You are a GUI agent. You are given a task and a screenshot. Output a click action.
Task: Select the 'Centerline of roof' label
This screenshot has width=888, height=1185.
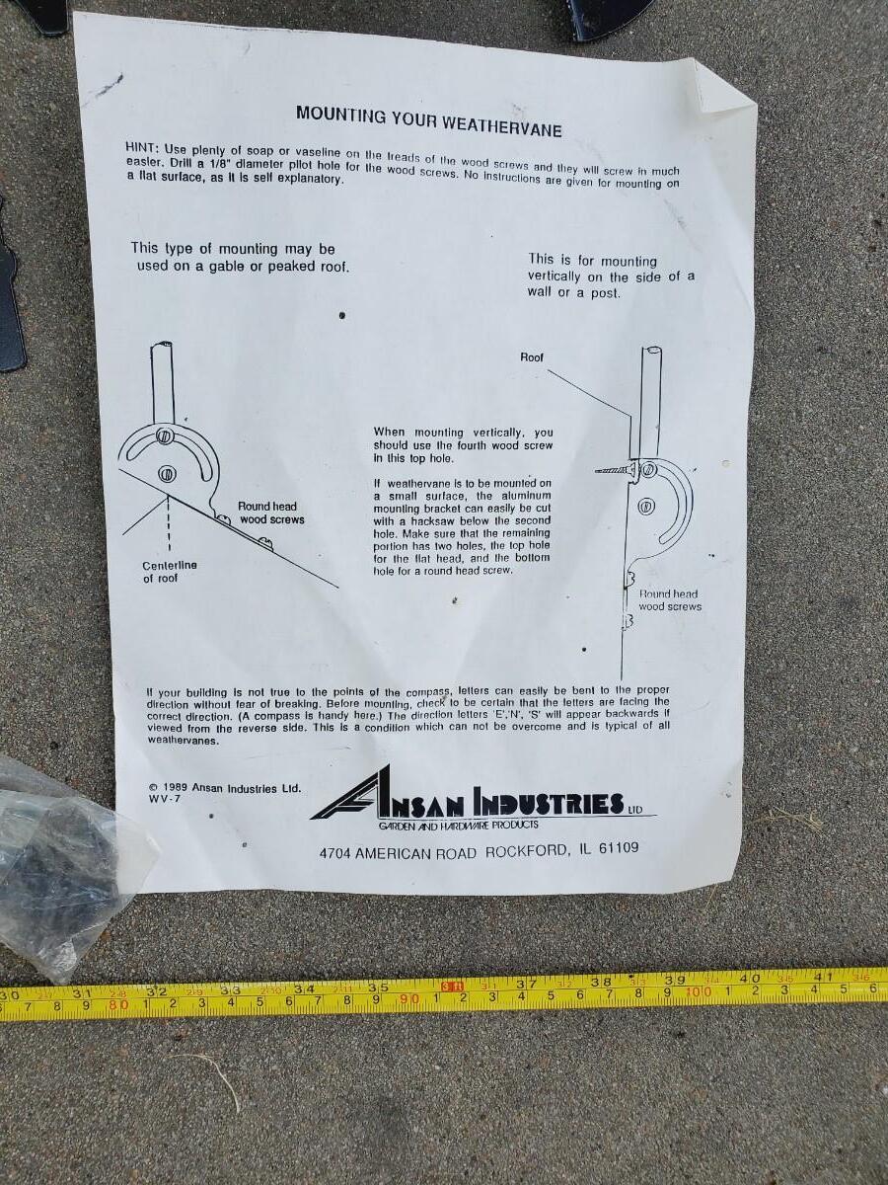click(170, 572)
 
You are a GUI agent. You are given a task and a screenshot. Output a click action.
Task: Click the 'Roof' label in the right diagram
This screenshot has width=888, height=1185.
click(532, 357)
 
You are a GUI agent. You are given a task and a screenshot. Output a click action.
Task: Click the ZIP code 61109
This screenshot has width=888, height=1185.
click(619, 847)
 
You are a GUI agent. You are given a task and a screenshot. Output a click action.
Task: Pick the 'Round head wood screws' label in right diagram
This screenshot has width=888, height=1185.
click(670, 599)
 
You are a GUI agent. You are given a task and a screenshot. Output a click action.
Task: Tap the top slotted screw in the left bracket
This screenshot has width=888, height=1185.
click(163, 435)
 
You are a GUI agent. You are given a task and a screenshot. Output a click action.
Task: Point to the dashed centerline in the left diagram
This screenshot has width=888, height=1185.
click(169, 522)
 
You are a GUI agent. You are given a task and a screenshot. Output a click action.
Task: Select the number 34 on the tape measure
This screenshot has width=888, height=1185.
click(304, 989)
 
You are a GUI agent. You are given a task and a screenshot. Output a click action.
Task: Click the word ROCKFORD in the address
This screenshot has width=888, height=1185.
click(527, 851)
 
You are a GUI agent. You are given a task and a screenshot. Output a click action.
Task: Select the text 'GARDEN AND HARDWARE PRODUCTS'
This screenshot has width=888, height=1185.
click(458, 825)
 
